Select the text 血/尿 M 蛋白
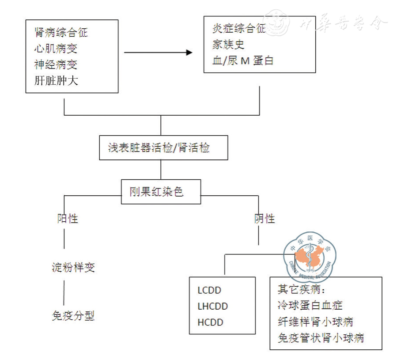pos(243,61)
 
